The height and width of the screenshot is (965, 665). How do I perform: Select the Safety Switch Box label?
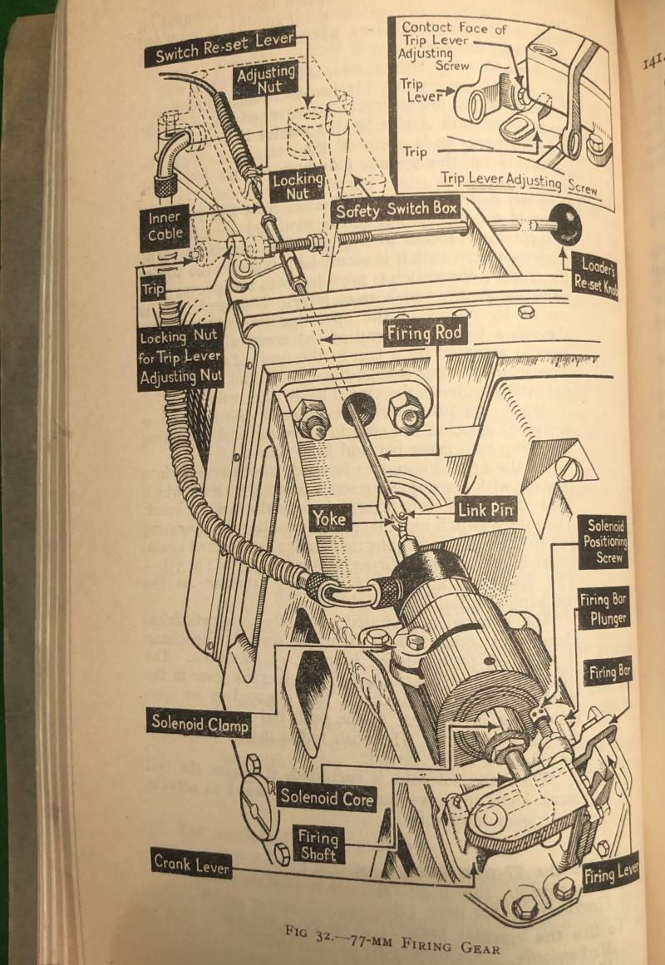tap(396, 210)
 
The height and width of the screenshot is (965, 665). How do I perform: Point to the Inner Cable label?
tap(164, 227)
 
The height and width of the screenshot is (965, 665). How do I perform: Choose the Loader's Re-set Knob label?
tap(594, 275)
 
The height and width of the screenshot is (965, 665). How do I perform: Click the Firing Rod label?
tap(422, 334)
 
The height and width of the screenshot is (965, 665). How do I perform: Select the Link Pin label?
tap(485, 508)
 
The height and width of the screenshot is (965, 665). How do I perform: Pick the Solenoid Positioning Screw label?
tap(604, 542)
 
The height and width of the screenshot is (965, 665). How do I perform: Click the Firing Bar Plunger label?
tap(603, 609)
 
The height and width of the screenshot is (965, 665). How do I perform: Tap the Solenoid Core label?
tap(327, 796)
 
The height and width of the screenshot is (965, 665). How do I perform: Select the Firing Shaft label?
tap(318, 845)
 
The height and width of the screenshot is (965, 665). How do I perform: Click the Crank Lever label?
tap(190, 864)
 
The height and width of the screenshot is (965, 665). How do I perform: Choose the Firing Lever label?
tap(610, 870)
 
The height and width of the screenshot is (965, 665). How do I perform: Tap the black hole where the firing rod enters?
tap(358, 408)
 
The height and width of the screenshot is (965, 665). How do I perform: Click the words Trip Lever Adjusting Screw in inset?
tap(518, 183)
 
